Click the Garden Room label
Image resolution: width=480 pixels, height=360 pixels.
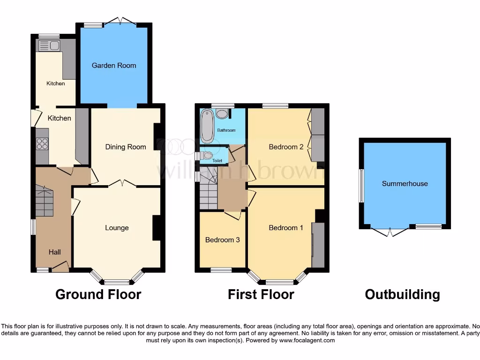coord(114,66)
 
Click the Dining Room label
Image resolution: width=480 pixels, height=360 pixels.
coord(125,147)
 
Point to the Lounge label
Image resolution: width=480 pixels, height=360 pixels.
coord(117,228)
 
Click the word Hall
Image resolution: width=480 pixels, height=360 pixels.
coord(55,252)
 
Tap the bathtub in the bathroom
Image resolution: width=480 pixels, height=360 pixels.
coord(207,126)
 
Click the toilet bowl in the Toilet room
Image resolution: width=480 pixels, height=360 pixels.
coord(208,155)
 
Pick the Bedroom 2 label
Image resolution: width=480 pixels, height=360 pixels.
coord(286,147)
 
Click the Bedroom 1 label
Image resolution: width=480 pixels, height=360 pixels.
coord(286,228)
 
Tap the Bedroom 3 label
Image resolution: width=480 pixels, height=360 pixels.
coord(223,240)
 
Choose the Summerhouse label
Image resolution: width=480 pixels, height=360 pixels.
coord(405,183)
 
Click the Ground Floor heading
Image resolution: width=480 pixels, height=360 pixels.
coord(98,294)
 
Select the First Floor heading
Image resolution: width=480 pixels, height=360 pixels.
coord(261,294)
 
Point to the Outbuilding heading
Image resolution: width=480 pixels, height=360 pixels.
coord(402,294)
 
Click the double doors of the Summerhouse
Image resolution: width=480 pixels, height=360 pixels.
coord(390,232)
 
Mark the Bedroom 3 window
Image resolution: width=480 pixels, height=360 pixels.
coord(221,270)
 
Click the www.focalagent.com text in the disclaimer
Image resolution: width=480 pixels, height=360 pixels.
coord(307,340)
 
